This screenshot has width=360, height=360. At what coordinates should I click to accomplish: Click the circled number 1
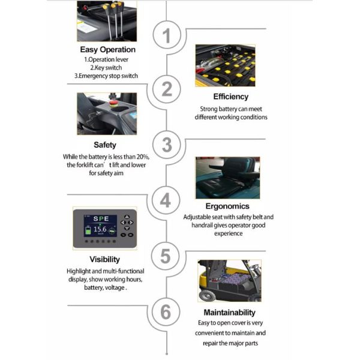tap(167, 35)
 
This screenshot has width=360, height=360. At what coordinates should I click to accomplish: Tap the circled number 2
tap(167, 89)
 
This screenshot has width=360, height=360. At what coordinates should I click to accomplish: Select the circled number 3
tap(167, 145)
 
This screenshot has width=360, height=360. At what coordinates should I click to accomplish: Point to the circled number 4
tap(166, 200)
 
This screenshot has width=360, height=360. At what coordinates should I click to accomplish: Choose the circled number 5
tap(166, 256)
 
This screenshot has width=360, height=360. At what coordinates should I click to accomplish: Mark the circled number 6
tap(166, 312)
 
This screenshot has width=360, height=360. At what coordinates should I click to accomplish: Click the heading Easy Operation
tap(107, 50)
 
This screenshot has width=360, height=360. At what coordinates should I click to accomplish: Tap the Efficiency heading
tap(231, 97)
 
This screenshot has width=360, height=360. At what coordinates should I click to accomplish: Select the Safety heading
tap(105, 145)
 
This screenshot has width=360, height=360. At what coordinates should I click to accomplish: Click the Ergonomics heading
tap(227, 206)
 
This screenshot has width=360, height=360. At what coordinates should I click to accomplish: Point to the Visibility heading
tap(104, 259)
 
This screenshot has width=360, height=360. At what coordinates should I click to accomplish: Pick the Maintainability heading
tap(229, 313)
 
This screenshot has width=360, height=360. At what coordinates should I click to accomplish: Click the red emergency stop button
tap(113, 103)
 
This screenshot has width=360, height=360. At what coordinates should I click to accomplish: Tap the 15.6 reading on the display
tap(100, 229)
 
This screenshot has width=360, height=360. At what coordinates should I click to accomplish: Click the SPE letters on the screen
tap(101, 218)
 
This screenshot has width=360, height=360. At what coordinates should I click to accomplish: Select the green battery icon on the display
tap(88, 230)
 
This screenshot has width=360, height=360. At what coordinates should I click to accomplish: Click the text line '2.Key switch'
tap(106, 68)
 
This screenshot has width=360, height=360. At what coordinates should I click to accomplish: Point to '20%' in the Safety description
tap(143, 157)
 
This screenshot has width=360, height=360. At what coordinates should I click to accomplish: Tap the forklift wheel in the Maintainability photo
tap(208, 295)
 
